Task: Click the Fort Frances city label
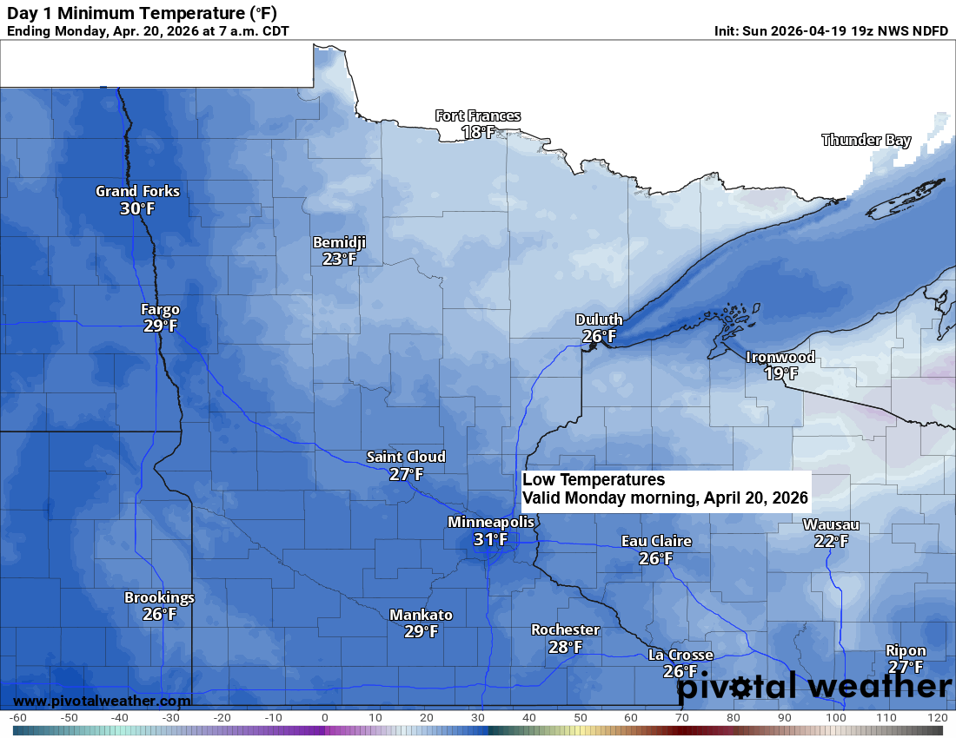click(x=478, y=115)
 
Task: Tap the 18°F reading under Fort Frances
click(x=478, y=133)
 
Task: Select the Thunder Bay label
click(x=866, y=140)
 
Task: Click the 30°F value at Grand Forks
click(x=137, y=208)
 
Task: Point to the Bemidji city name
click(x=339, y=242)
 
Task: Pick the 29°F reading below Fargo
click(x=161, y=326)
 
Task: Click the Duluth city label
click(x=599, y=320)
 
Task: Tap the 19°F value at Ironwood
click(x=780, y=373)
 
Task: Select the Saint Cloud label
click(x=406, y=457)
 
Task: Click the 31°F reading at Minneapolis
click(x=490, y=539)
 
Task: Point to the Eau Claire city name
click(x=656, y=541)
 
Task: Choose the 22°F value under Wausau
click(x=831, y=542)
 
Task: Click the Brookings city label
click(x=159, y=597)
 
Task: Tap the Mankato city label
click(x=421, y=615)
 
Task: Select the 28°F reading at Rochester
click(x=565, y=647)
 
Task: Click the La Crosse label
click(x=680, y=655)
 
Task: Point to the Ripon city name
click(x=906, y=650)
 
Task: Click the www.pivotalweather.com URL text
click(x=102, y=701)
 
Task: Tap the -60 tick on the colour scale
click(x=17, y=718)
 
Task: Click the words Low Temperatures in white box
click(x=594, y=480)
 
